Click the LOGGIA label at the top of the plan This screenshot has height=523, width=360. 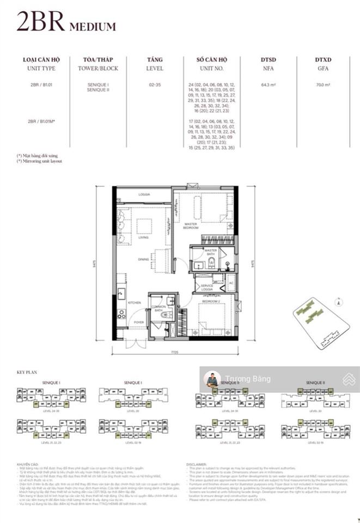[144, 194]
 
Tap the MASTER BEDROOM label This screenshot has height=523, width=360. [191, 224]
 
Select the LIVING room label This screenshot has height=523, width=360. [144, 238]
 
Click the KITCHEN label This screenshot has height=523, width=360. [134, 302]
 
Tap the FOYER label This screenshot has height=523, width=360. [138, 323]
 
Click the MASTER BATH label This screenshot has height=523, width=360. [210, 252]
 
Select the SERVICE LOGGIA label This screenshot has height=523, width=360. [206, 287]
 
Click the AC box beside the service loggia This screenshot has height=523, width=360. [231, 283]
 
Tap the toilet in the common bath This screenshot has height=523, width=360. [166, 314]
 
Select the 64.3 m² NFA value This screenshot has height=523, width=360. [269, 85]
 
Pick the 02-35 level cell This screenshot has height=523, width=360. [154, 85]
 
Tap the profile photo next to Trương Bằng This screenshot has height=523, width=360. [212, 379]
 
